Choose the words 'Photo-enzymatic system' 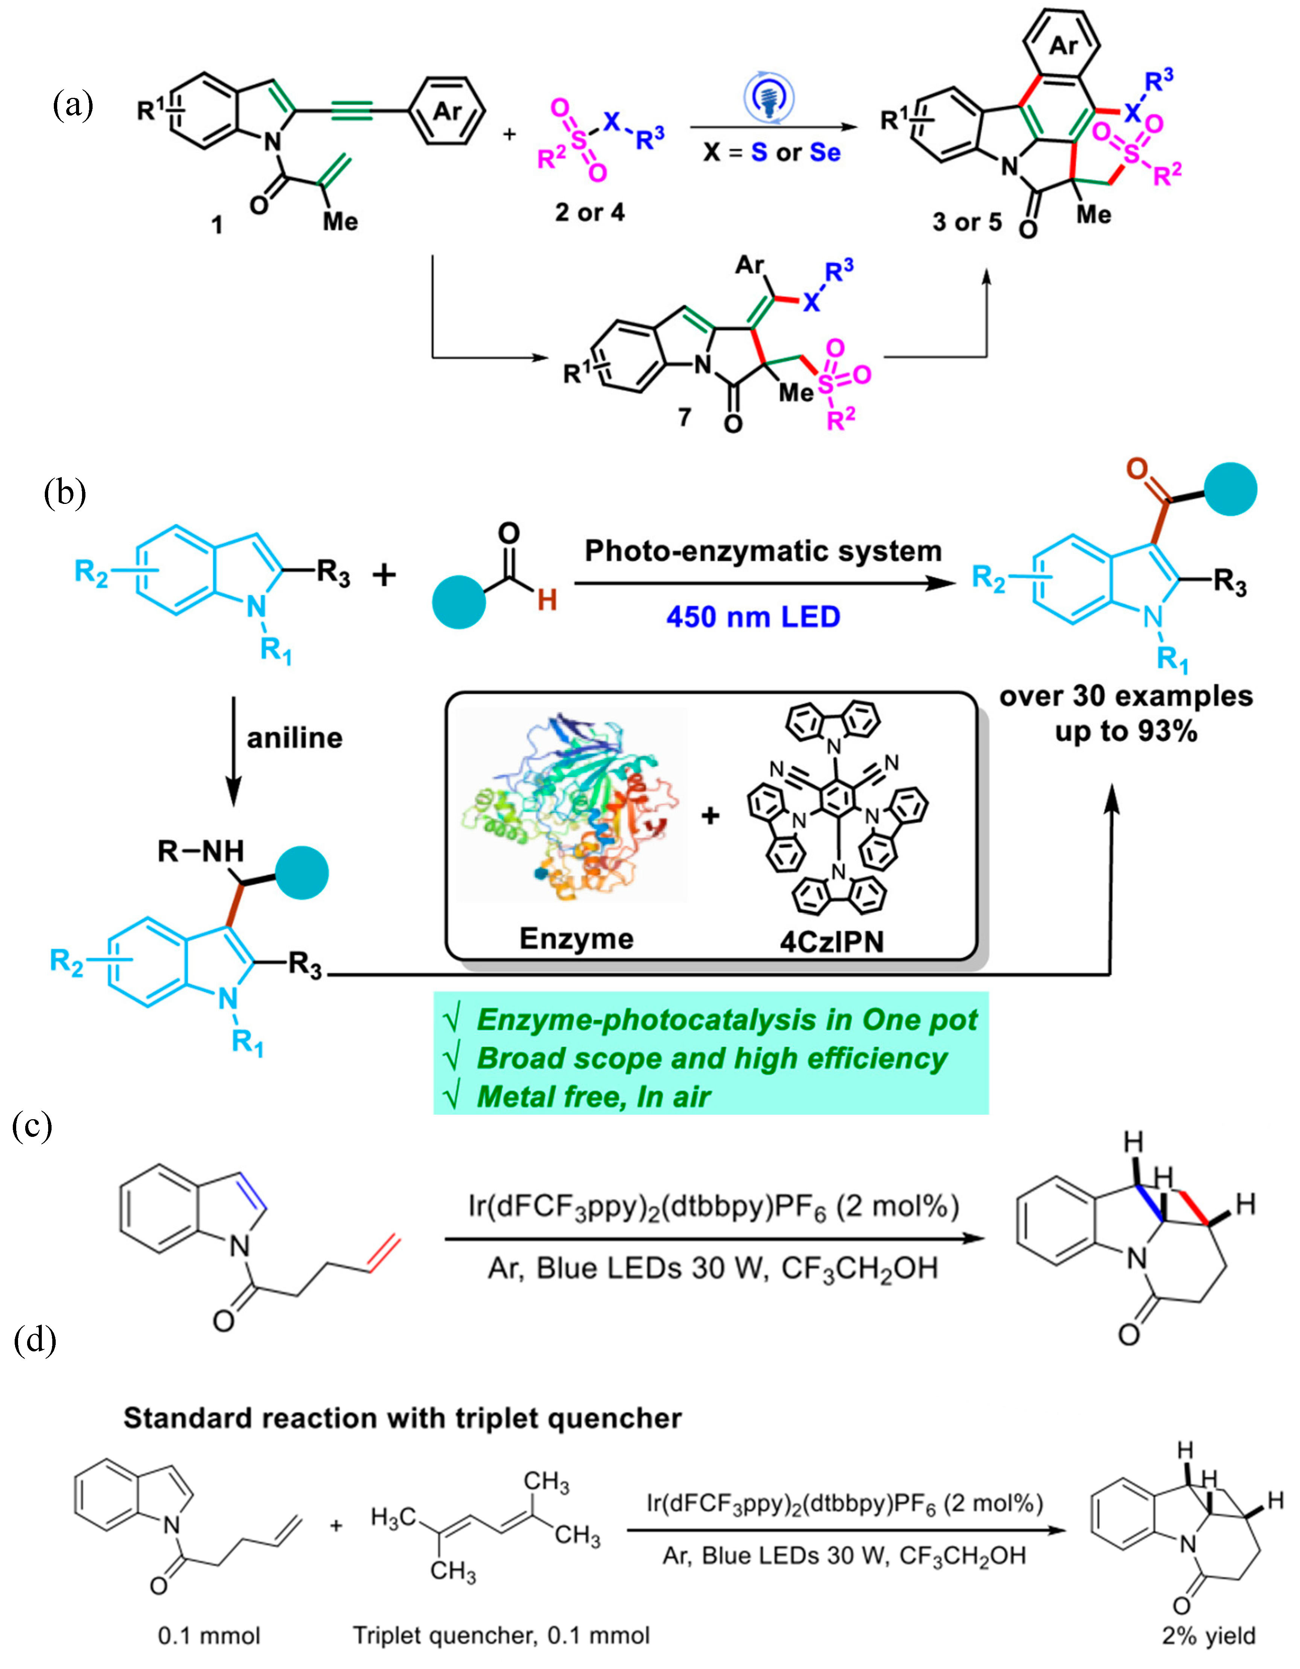click(x=763, y=551)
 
